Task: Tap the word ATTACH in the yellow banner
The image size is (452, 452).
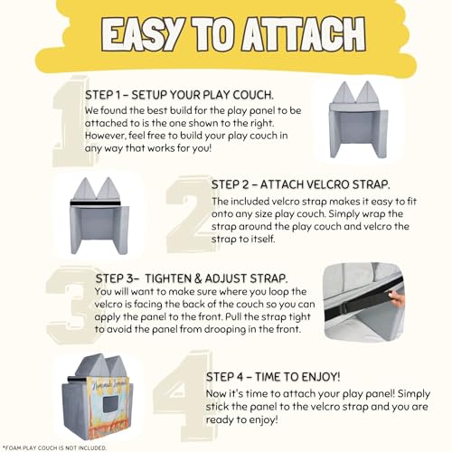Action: [304, 33]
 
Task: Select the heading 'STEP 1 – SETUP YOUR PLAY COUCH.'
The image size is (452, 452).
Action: [179, 95]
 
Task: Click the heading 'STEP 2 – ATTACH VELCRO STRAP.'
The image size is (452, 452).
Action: [300, 184]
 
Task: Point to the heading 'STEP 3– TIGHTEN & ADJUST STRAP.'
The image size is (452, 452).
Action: [192, 278]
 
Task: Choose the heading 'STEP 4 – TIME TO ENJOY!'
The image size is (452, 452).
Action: [273, 377]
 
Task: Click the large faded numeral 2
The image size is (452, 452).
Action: [190, 214]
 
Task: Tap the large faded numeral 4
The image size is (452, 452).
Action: [181, 396]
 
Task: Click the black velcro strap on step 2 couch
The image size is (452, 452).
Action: [95, 203]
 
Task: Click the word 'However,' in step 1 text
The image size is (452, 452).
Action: [105, 136]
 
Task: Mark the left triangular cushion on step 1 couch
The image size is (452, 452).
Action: [344, 92]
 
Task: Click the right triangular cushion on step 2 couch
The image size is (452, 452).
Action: [108, 188]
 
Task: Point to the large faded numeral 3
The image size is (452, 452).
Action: [71, 305]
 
